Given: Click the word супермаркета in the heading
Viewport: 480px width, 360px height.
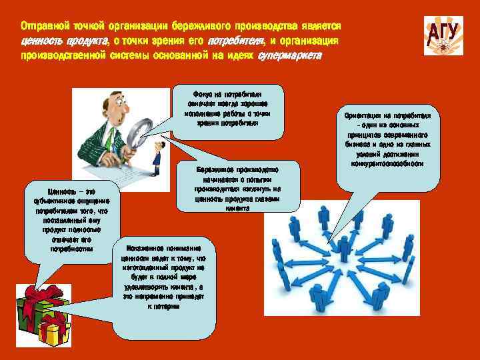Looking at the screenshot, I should click(x=289, y=56).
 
